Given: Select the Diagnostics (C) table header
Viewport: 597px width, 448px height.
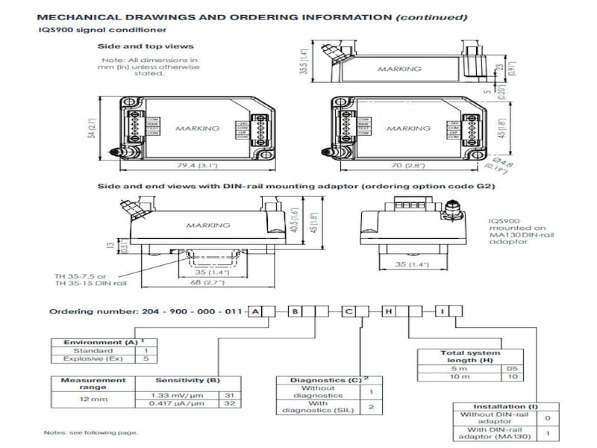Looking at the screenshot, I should click(320, 380).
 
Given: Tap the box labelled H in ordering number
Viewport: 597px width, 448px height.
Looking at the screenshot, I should click(389, 311).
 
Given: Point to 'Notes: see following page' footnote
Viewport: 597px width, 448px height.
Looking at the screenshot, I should click(90, 433).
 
